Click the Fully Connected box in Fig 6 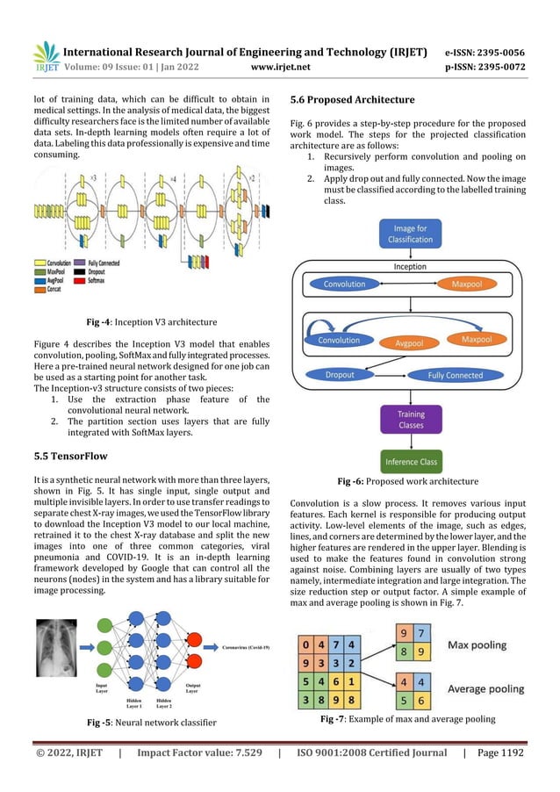point(455,375)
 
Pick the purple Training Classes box point(411,420)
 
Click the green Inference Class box point(411,461)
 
